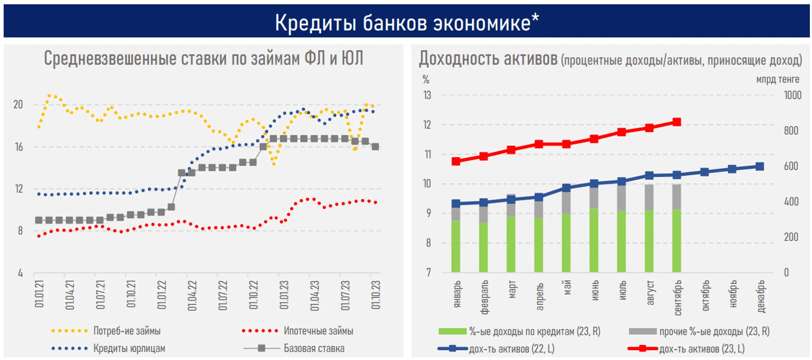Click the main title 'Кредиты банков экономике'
(x=407, y=23)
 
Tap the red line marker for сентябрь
(x=677, y=122)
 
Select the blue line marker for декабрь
(x=759, y=166)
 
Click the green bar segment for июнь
(x=594, y=241)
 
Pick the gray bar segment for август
(x=649, y=197)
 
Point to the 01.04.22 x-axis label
(x=192, y=295)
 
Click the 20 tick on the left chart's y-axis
(x=18, y=104)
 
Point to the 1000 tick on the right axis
(x=792, y=95)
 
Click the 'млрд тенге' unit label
(x=777, y=80)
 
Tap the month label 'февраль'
(x=484, y=297)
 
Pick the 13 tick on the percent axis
(x=427, y=95)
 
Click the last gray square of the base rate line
(x=375, y=147)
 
